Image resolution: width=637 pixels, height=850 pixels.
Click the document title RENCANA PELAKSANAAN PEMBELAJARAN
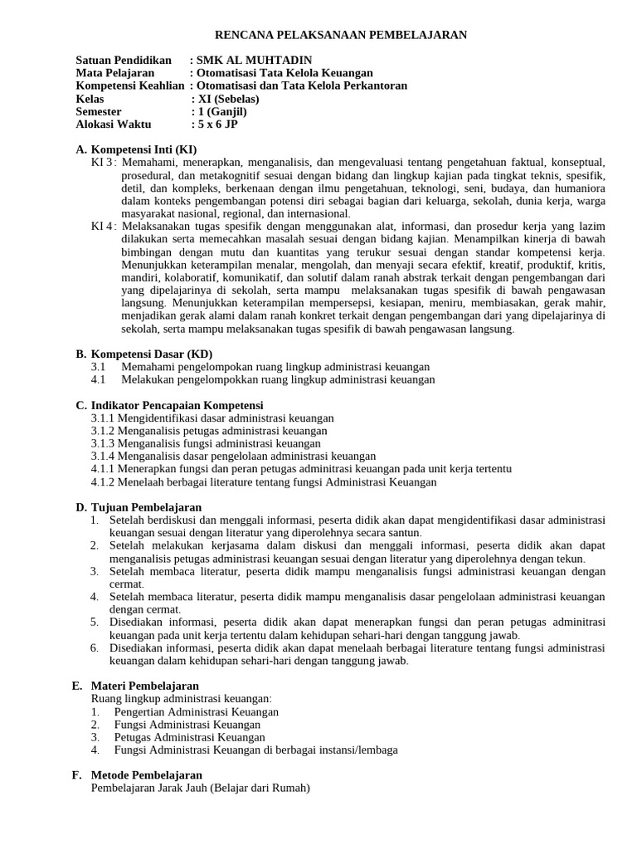coord(341,35)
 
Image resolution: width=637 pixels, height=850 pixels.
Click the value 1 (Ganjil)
coord(221,111)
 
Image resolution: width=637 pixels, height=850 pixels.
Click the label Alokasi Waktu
coord(116,125)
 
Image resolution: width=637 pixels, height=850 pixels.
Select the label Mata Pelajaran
coord(115,73)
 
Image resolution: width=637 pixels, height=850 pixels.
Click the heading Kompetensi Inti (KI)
coord(143,149)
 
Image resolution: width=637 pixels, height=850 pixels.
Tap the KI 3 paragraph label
coord(103,162)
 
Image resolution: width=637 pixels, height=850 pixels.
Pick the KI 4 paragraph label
coord(103,226)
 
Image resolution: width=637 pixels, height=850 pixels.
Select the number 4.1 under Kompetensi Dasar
coord(99,379)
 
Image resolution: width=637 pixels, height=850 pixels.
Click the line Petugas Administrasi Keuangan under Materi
coord(189,737)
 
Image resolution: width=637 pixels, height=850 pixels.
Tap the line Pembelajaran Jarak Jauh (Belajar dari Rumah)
coord(200,788)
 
